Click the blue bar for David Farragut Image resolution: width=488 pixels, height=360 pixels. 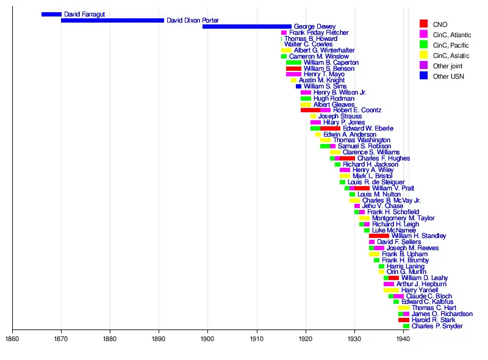click(x=51, y=14)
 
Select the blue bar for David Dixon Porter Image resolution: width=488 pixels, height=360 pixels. click(x=112, y=20)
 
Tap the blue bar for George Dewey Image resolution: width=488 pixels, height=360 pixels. click(x=246, y=26)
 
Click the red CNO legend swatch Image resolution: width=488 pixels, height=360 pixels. click(x=423, y=24)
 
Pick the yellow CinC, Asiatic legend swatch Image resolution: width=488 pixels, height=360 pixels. click(x=423, y=55)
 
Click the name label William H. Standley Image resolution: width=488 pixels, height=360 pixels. click(x=418, y=236)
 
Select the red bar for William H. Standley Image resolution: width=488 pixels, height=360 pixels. click(x=379, y=236)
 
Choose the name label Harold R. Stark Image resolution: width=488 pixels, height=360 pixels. click(x=433, y=320)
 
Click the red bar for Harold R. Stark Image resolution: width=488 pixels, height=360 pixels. click(x=404, y=320)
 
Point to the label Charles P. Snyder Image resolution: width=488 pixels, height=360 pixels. click(x=437, y=326)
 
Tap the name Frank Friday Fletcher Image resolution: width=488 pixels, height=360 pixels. click(x=319, y=32)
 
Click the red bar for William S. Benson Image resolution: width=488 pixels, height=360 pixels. click(x=293, y=68)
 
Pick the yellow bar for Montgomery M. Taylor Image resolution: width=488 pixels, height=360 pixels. click(x=364, y=218)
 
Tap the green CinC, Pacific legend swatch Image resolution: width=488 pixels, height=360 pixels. click(x=423, y=45)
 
